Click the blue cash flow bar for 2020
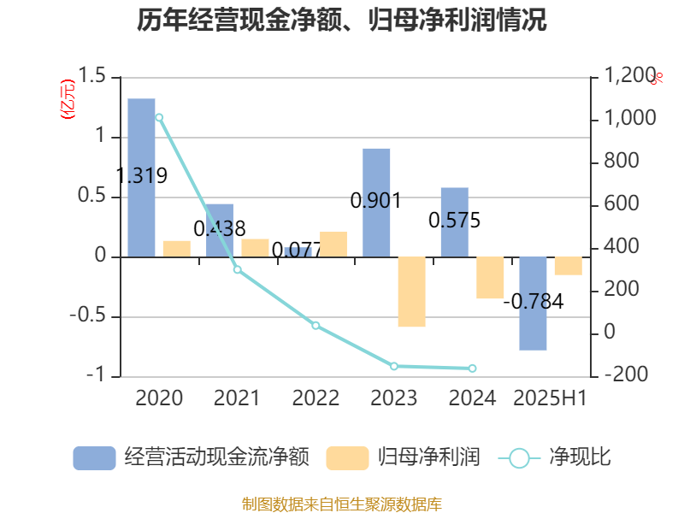click(x=142, y=177)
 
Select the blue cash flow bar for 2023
click(x=376, y=202)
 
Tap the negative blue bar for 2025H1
click(x=533, y=304)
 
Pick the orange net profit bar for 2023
click(x=411, y=292)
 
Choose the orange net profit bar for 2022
click(x=333, y=244)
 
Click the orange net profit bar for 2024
click(x=490, y=278)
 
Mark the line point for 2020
click(x=159, y=117)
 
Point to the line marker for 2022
click(x=315, y=326)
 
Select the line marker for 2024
click(x=472, y=369)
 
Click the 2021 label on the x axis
click(x=237, y=398)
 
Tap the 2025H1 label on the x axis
click(x=550, y=398)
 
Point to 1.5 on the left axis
click(x=94, y=77)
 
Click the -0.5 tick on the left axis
click(x=89, y=317)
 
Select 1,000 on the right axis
click(x=631, y=119)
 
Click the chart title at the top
click(x=342, y=21)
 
